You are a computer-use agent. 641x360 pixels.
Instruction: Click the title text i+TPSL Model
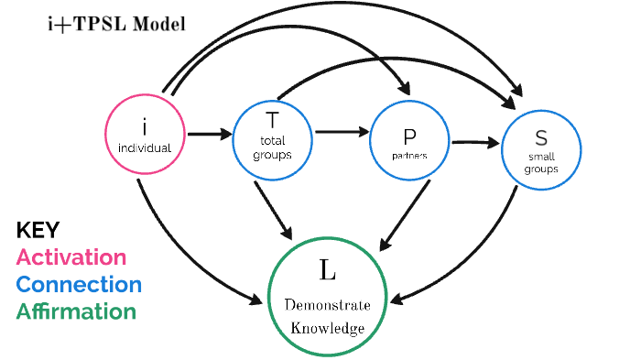(x=116, y=24)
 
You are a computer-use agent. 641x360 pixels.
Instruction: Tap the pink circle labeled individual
(x=144, y=136)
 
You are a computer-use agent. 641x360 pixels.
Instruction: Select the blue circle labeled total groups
(x=272, y=136)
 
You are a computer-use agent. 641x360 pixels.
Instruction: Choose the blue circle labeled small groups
(x=540, y=147)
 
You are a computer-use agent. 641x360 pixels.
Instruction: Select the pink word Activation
(x=71, y=257)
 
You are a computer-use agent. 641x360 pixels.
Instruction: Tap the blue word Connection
(x=79, y=285)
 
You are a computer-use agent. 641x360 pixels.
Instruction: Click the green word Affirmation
(x=76, y=311)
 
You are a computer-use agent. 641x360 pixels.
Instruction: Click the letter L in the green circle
(x=327, y=269)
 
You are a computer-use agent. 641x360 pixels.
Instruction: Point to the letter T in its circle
(x=272, y=120)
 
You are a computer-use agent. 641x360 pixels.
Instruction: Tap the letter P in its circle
(x=410, y=136)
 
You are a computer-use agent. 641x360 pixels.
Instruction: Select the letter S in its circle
(x=540, y=139)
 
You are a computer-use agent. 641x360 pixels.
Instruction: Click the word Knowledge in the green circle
(x=327, y=327)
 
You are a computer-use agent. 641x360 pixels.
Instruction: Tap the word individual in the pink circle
(x=145, y=147)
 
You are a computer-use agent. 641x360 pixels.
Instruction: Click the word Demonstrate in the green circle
(x=327, y=304)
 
